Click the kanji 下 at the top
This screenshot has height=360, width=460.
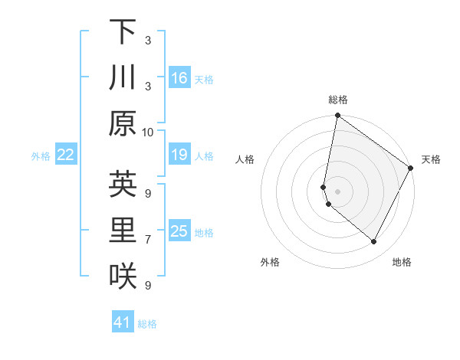tap(123, 32)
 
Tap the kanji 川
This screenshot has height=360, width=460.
tap(123, 77)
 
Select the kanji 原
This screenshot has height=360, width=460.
tap(123, 123)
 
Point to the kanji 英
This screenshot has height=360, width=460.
tap(123, 184)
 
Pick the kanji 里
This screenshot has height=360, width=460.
tap(123, 230)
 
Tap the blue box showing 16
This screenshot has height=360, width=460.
tap(179, 77)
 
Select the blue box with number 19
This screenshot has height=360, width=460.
tap(179, 155)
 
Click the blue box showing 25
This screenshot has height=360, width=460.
tap(179, 231)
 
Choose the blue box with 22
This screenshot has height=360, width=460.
tap(66, 155)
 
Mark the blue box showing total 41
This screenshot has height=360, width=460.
tap(123, 322)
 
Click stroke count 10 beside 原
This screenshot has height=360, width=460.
tap(148, 132)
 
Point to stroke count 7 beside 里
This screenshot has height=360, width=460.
tap(148, 239)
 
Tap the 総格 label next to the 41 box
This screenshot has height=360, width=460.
tap(147, 324)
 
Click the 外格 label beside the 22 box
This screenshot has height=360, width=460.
tap(41, 156)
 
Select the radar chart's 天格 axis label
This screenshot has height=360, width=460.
tap(431, 159)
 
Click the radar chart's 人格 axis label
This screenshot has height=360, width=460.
tap(245, 159)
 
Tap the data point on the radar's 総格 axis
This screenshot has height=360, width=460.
tap(337, 116)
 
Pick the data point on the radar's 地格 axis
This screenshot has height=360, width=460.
tap(374, 242)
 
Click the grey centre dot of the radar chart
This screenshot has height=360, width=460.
tap(337, 191)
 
